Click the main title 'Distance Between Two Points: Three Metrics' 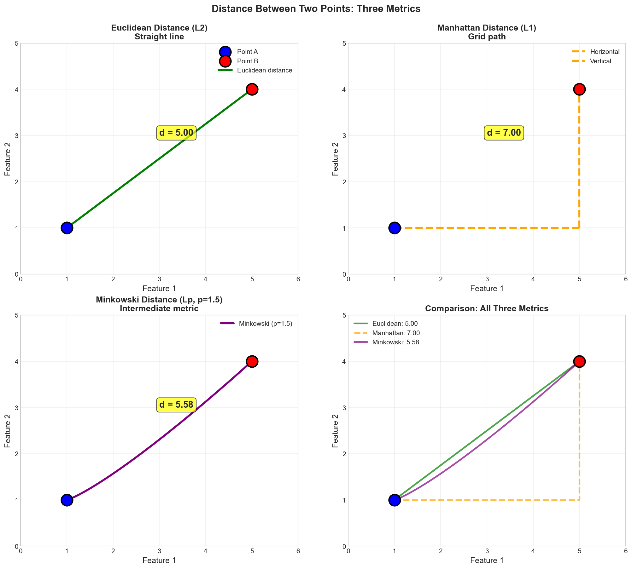click(x=316, y=9)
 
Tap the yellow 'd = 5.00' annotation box click(x=176, y=133)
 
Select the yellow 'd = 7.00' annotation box click(x=504, y=133)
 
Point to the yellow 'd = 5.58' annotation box click(x=176, y=405)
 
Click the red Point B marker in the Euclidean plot click(x=252, y=89)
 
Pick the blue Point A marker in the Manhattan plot click(x=394, y=228)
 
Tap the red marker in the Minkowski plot click(x=252, y=361)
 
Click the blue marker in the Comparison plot click(x=394, y=500)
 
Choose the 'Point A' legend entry click(x=247, y=52)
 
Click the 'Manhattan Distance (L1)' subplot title click(x=487, y=28)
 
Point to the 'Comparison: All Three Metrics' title click(x=487, y=309)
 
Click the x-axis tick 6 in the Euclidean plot click(x=298, y=279)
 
